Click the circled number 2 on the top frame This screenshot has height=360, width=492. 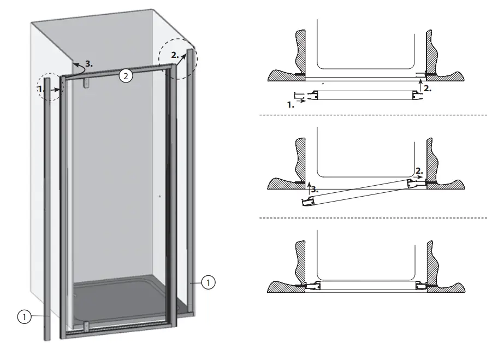[x=126, y=76]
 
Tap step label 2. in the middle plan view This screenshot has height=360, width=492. [x=418, y=170]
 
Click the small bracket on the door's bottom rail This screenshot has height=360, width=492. [x=87, y=328]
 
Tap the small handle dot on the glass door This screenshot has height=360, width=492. [x=159, y=196]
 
